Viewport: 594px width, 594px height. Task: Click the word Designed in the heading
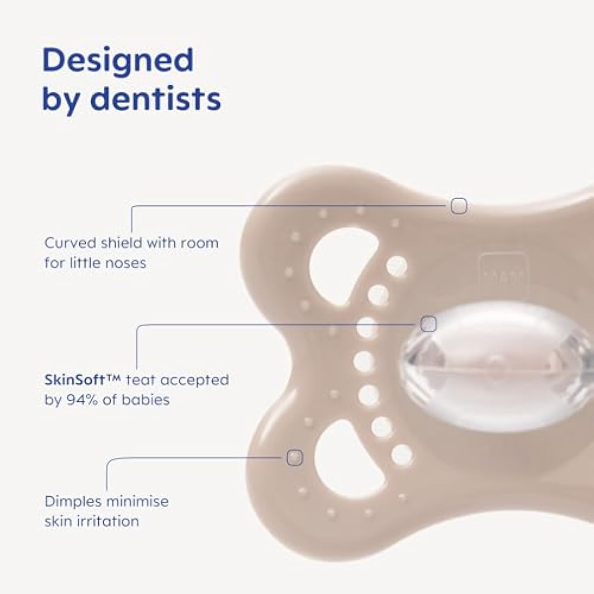coord(118,60)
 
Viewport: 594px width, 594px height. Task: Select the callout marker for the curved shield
coord(459,206)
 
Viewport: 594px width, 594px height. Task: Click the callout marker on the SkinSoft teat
coord(428,324)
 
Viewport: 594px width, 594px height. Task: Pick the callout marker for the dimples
coord(295,457)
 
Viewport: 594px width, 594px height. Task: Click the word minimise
coord(137,501)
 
